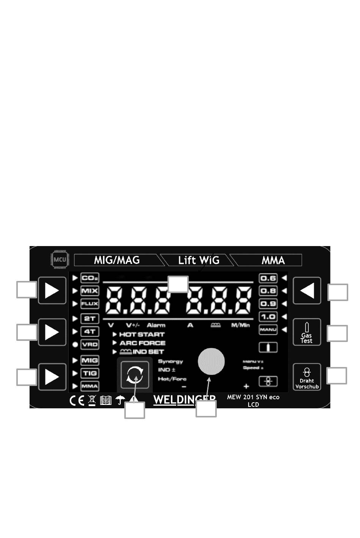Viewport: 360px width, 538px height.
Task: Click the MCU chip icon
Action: (59, 260)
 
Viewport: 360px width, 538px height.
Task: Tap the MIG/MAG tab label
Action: (117, 260)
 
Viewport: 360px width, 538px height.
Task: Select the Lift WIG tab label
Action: (199, 260)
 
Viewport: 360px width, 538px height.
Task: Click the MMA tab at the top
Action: (273, 260)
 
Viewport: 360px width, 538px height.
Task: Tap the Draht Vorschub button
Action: (307, 377)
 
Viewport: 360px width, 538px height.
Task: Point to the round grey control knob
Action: (211, 361)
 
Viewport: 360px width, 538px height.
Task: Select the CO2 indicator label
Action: (90, 278)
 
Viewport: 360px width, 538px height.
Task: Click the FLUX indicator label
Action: (90, 304)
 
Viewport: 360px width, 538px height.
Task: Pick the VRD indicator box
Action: (90, 344)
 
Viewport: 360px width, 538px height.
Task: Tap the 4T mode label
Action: (90, 331)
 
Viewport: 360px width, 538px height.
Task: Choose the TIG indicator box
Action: (90, 373)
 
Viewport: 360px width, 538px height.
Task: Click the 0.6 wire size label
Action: (268, 278)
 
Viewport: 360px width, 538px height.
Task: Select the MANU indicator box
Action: (268, 329)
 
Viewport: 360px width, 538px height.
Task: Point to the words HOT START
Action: (142, 334)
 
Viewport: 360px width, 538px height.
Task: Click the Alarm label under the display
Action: (156, 325)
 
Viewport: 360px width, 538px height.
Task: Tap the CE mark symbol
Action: (77, 400)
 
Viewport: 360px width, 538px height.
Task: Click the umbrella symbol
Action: (120, 400)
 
